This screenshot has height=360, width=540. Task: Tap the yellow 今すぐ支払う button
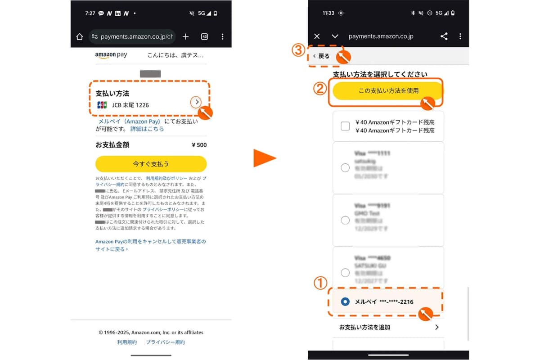pos(151,164)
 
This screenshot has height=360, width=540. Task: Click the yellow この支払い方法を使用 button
pos(388,91)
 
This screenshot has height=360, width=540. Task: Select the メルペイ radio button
pos(345,301)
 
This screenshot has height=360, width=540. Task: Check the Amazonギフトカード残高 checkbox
pos(345,126)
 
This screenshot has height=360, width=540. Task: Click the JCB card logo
pos(102,105)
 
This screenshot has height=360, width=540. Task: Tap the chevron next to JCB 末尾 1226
pos(195,102)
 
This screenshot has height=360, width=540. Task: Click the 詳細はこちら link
pos(147,129)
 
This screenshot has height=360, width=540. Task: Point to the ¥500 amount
pos(199,145)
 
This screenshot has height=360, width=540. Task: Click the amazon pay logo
pos(111,55)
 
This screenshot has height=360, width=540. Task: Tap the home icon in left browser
pos(80,37)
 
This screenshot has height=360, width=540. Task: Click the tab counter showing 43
pos(204,37)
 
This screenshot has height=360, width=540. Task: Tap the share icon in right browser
pos(444,36)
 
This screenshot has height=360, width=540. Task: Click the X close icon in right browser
pos(317,36)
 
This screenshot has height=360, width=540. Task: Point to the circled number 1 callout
pos(319,283)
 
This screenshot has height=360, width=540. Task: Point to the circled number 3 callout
pos(299,50)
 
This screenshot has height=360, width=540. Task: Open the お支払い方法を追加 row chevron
pos(436,327)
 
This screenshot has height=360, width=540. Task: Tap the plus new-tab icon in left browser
pos(185,37)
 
